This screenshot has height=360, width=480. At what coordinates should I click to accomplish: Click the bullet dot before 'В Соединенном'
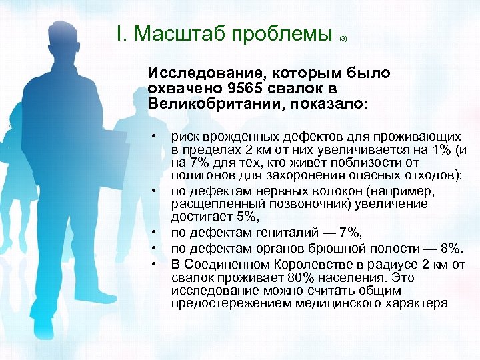coord(154,263)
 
